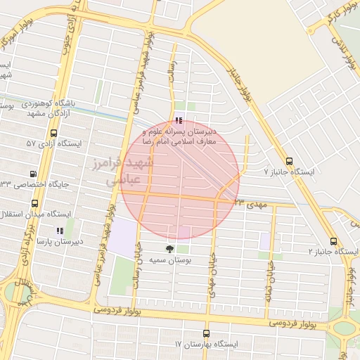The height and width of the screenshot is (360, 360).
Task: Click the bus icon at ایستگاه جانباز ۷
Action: (290, 161)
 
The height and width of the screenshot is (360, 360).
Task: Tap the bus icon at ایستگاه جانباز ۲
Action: (333, 241)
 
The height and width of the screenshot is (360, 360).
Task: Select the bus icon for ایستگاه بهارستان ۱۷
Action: (206, 333)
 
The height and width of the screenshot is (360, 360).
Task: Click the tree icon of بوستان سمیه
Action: (169, 249)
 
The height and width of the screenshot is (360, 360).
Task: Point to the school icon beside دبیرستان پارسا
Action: (59, 230)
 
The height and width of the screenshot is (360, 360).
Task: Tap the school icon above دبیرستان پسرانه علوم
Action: (179, 121)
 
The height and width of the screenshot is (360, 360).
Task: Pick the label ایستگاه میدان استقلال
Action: (38, 213)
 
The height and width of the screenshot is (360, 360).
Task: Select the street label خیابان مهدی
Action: (212, 274)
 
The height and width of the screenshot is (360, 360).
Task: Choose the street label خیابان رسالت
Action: (138, 269)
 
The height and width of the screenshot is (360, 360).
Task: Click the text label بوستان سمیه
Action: (169, 260)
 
